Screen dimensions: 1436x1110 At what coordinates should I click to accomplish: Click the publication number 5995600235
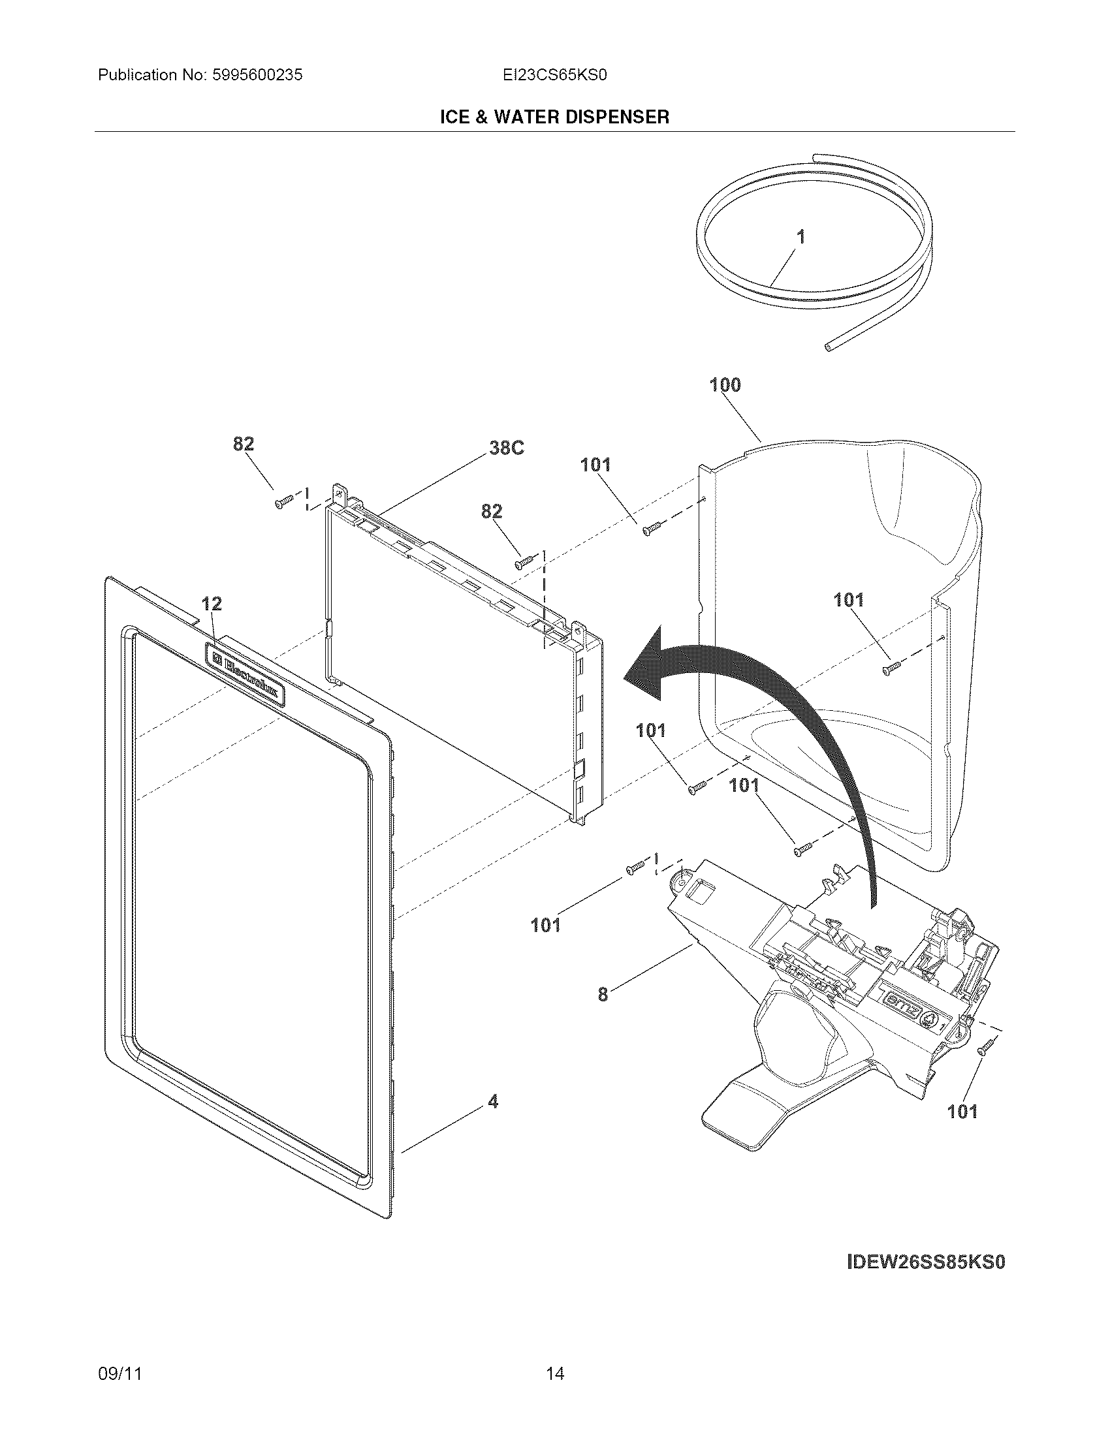pos(257,75)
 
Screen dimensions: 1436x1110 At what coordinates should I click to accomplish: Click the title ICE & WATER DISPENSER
pos(554,117)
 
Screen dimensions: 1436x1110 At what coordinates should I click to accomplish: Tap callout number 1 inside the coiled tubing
pos(801,238)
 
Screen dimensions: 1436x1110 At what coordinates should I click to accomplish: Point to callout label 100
pos(725,385)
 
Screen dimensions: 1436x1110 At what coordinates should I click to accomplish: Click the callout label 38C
pos(506,448)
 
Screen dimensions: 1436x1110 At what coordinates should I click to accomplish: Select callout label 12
pos(211,604)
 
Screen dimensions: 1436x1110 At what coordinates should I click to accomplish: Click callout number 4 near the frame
pos(493,1102)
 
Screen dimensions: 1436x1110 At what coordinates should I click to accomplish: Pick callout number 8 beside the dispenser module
pos(603,995)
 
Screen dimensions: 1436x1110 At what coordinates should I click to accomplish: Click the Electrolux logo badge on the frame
pos(246,675)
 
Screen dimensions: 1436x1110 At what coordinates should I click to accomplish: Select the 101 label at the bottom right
pos(962,1112)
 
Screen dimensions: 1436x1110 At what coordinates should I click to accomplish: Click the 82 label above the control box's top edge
pos(491,511)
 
